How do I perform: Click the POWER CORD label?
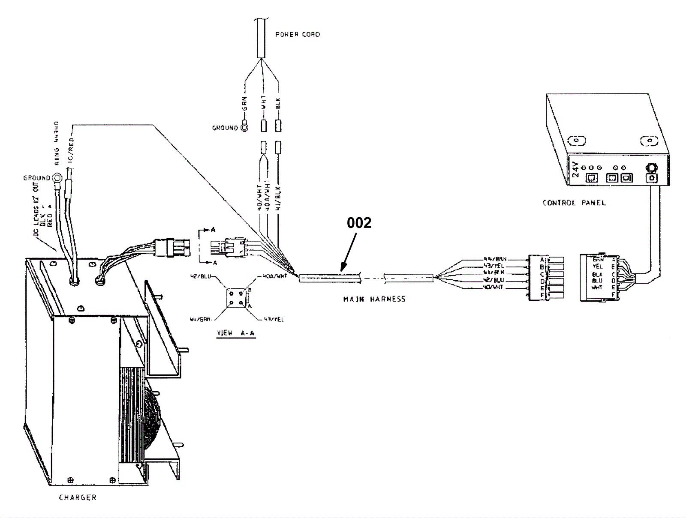tap(297, 34)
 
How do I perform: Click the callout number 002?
tap(359, 223)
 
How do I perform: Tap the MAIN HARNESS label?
tap(374, 299)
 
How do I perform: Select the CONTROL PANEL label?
tap(574, 203)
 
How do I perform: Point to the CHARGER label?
tap(78, 497)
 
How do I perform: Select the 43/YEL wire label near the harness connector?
tap(493, 266)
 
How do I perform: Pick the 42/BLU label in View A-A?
tap(200, 276)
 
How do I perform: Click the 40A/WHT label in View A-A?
tap(274, 276)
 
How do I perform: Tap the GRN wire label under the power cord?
tap(245, 104)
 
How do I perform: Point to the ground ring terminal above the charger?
tap(56, 177)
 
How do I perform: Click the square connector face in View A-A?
tap(236, 298)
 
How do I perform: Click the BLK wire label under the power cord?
tap(278, 103)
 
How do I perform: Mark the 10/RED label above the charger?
tap(71, 150)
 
